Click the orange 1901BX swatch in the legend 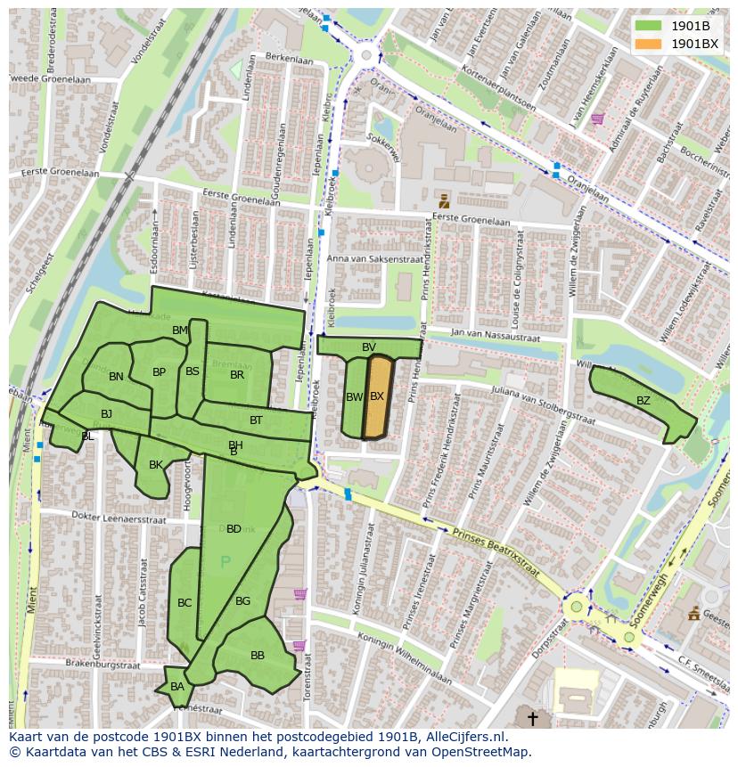[648, 43]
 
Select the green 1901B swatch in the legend [648, 26]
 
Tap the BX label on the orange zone [377, 396]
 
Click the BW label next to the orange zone [354, 397]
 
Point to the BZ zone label [643, 401]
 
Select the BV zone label [369, 347]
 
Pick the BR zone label [237, 375]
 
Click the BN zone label [116, 377]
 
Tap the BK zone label [156, 465]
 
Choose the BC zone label [184, 603]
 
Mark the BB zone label [258, 656]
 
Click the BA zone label [177, 687]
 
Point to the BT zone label [256, 420]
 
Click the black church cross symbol [533, 718]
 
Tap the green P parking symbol [225, 562]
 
